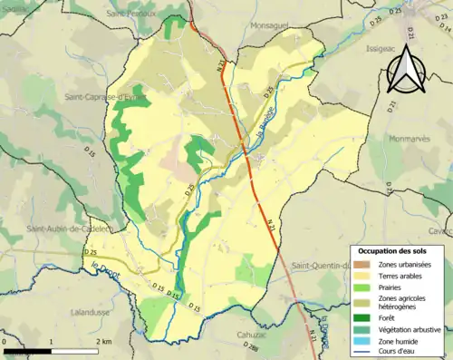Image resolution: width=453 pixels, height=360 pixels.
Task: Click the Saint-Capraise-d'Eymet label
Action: click(x=104, y=95)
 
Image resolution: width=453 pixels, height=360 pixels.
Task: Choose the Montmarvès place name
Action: click(x=414, y=140)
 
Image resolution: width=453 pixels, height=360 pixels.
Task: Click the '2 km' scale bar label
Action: click(x=106, y=341)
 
